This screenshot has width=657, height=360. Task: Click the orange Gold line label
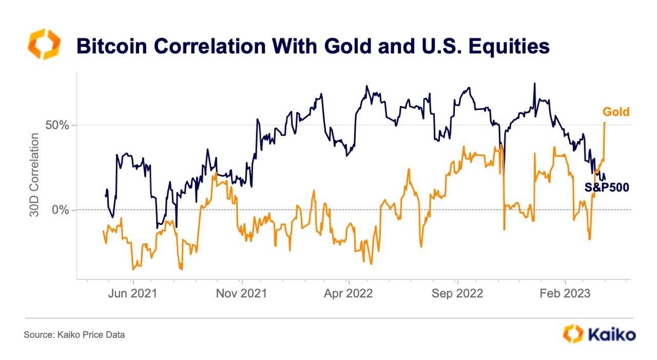pos(616,112)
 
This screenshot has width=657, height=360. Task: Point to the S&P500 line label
pos(607,187)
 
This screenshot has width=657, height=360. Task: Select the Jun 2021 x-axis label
pos(133,294)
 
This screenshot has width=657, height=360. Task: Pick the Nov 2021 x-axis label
pos(241,294)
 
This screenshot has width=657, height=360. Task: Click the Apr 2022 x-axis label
pos(349,294)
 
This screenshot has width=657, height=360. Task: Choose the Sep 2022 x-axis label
pos(457,294)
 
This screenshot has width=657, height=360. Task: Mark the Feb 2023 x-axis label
pos(565,294)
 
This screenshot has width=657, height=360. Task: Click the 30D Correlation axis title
pos(34,175)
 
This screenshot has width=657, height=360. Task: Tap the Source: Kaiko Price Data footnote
pos(74,335)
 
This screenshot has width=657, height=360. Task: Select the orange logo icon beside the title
pos(44,44)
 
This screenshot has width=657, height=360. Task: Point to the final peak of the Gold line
pos(605,123)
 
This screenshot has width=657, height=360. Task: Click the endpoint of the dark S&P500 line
pos(605,179)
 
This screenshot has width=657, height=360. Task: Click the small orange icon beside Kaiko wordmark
pos(573,334)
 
